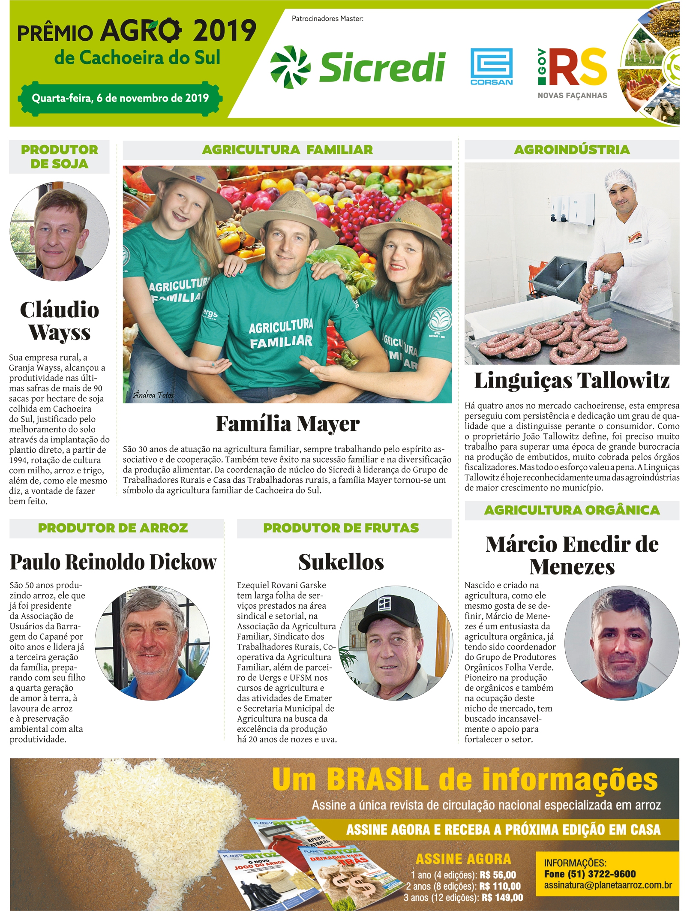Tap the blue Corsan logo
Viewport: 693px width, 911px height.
click(x=492, y=66)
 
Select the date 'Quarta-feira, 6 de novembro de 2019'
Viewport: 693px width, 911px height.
click(x=120, y=98)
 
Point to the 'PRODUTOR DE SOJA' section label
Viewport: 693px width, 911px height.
click(x=59, y=156)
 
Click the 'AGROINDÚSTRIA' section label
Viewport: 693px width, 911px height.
click(x=572, y=150)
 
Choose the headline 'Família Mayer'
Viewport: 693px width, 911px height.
click(x=288, y=424)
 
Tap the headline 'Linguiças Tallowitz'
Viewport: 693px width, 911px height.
click(x=572, y=380)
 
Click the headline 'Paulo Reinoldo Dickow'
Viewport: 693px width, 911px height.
click(x=113, y=562)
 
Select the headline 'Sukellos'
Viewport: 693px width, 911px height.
click(x=341, y=562)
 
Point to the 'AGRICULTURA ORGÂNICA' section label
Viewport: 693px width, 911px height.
click(x=572, y=510)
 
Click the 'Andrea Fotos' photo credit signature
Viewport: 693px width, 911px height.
click(x=153, y=395)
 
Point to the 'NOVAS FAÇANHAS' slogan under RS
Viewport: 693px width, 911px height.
click(x=572, y=96)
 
